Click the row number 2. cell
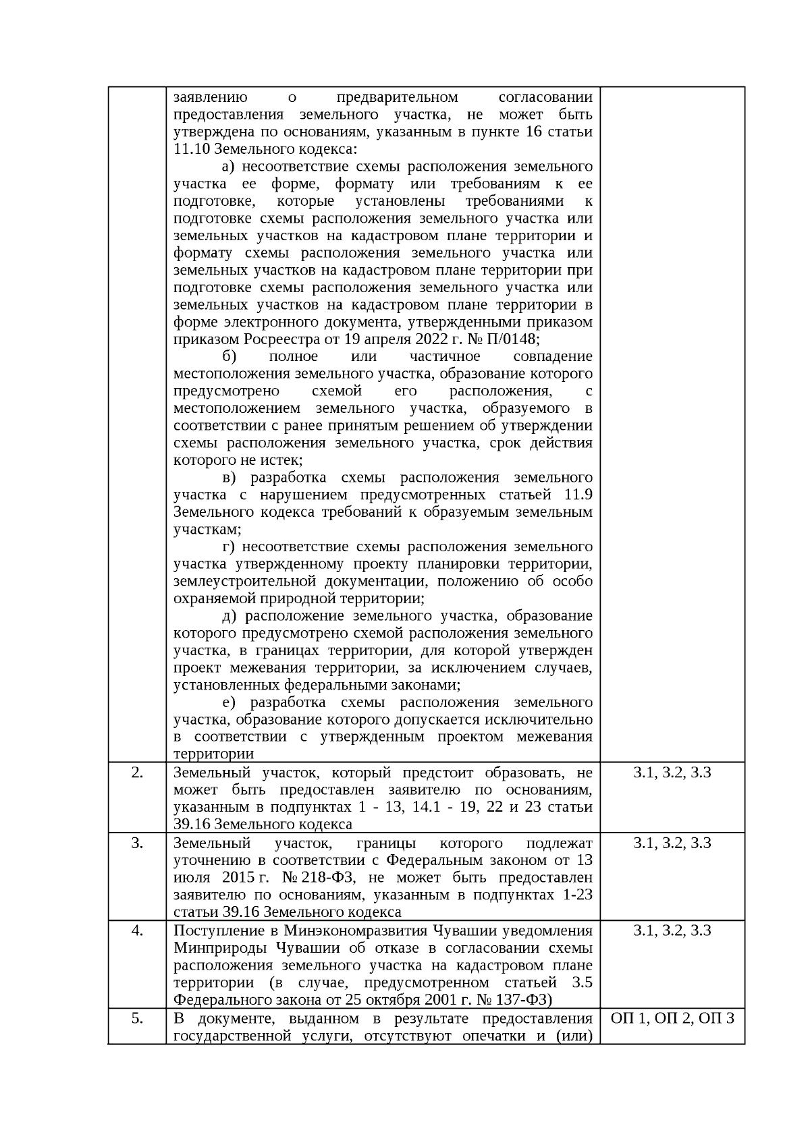pos(137,773)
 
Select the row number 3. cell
pos(137,843)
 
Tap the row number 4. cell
pos(137,931)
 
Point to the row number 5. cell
pos(137,1019)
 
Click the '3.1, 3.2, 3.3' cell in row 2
pos(672,773)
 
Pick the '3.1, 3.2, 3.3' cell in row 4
pos(672,931)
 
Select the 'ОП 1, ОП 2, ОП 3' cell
pos(672,1019)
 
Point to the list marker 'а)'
pos(228,167)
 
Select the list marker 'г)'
pos(228,547)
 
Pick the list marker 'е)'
pos(228,702)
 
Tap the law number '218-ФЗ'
pos(328,878)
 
